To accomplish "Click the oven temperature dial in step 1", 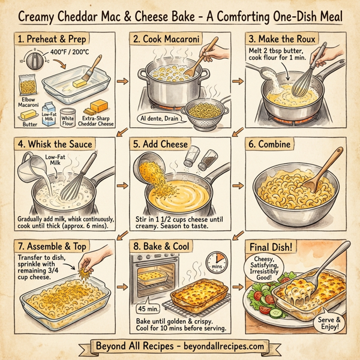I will (x=34, y=61).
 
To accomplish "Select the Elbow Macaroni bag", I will (x=28, y=85).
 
